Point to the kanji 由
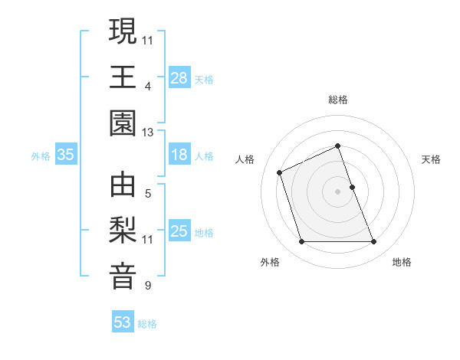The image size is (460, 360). (x=123, y=185)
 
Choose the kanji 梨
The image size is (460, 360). (x=123, y=232)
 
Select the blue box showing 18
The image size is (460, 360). (x=179, y=155)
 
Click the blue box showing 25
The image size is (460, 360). (x=179, y=231)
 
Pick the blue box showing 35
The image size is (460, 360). (x=66, y=155)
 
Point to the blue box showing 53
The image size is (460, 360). (x=123, y=322)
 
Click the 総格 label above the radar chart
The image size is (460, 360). (x=338, y=100)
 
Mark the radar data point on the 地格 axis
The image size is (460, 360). (x=374, y=242)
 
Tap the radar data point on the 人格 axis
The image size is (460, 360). (x=281, y=172)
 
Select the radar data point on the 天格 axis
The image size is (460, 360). (x=353, y=187)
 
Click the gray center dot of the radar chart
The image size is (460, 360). (x=338, y=191)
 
